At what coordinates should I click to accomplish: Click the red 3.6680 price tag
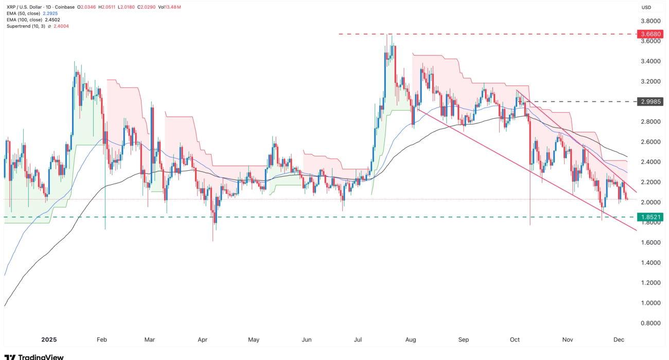[648, 34]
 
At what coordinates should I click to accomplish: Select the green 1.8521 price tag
[648, 218]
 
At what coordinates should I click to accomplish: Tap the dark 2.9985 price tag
[648, 102]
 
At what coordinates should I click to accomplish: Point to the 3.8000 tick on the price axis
[649, 21]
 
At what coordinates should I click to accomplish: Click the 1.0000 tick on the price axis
[649, 303]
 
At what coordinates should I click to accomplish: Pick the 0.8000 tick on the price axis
[649, 323]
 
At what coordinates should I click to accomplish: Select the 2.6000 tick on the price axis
[649, 142]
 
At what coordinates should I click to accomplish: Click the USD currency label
[646, 7]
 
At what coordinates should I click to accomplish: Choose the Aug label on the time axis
[410, 340]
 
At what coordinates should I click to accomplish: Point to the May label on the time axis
[254, 340]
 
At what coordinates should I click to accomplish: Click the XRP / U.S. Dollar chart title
[24, 7]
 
